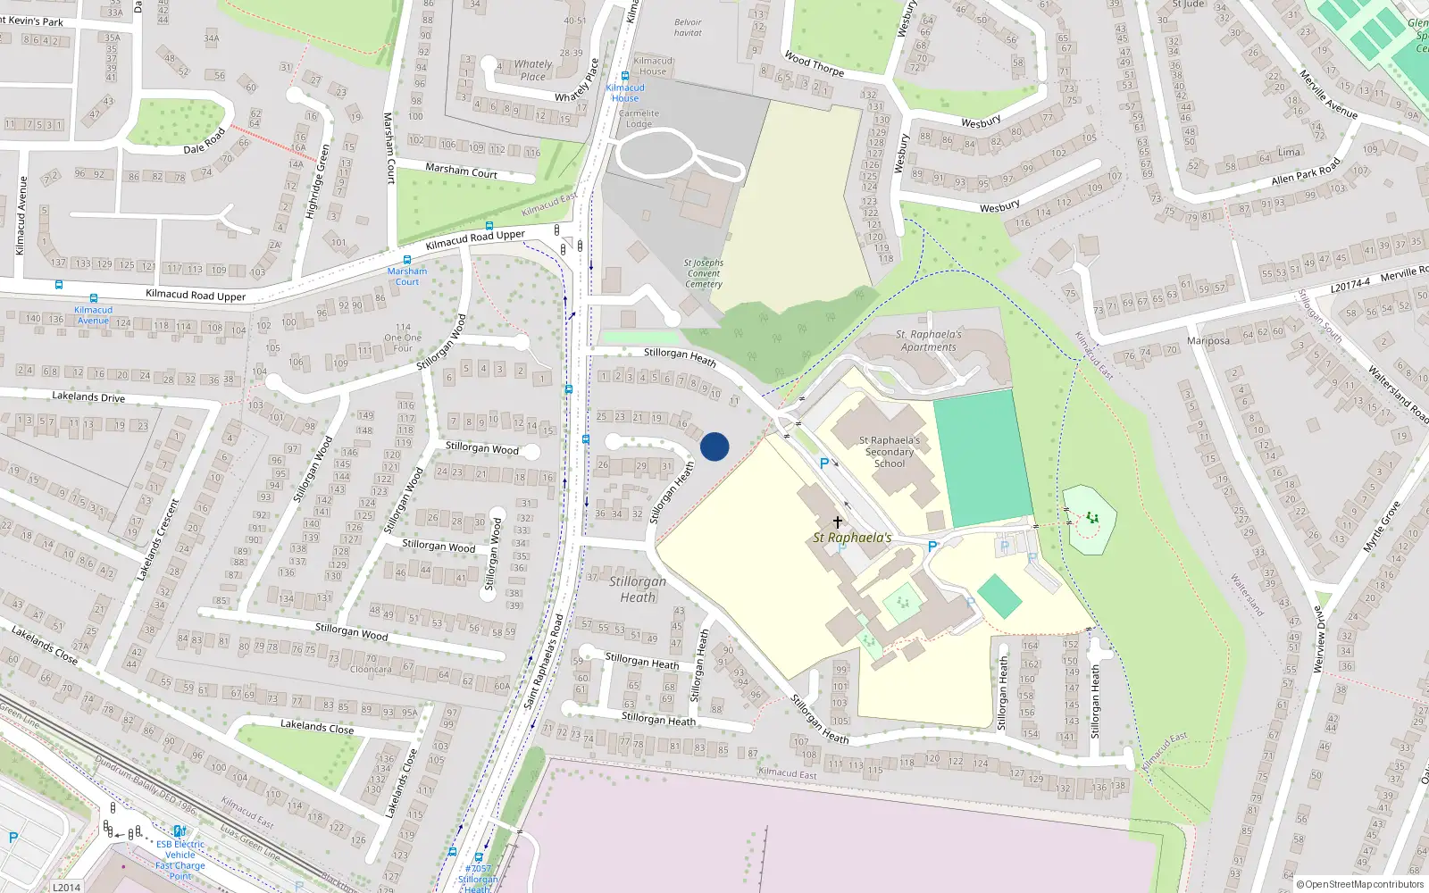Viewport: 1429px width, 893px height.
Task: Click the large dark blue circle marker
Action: click(714, 446)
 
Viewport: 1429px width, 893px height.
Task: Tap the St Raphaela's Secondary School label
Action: click(889, 452)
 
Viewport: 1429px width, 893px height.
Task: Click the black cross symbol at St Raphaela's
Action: click(837, 522)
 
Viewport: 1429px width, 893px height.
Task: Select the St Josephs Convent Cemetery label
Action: click(704, 273)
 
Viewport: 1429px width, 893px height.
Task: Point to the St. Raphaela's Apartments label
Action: click(929, 341)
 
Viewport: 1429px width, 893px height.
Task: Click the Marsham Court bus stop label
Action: click(407, 276)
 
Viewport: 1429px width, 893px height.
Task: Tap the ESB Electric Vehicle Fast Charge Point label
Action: click(180, 860)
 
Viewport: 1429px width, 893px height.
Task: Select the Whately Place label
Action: click(533, 70)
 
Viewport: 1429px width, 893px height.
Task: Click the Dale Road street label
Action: click(205, 142)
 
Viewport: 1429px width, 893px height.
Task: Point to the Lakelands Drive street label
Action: click(88, 396)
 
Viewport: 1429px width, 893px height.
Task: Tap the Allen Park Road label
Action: click(1306, 173)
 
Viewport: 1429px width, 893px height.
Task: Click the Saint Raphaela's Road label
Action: click(544, 661)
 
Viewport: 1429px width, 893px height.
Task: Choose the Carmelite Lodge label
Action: click(639, 119)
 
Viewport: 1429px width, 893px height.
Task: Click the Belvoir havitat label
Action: click(688, 28)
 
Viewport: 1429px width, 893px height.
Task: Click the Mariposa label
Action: click(1208, 340)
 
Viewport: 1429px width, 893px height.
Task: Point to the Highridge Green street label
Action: click(318, 182)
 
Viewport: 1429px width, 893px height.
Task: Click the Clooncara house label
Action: click(371, 669)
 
